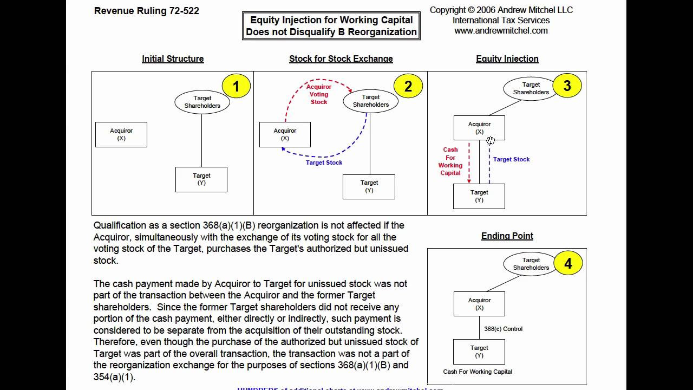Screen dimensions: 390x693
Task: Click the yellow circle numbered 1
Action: pyautogui.click(x=236, y=86)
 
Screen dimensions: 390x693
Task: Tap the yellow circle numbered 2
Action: pyautogui.click(x=408, y=86)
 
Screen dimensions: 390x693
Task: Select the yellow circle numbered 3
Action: pyautogui.click(x=567, y=86)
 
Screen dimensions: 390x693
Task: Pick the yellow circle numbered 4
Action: pyautogui.click(x=568, y=264)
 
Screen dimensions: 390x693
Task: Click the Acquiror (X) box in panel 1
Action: pyautogui.click(x=121, y=134)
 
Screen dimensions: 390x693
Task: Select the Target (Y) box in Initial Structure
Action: pyautogui.click(x=201, y=179)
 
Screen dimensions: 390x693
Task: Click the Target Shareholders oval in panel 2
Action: pyautogui.click(x=370, y=101)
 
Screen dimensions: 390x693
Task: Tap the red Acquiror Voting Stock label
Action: pyautogui.click(x=319, y=94)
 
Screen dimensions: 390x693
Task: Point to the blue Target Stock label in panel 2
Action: pyautogui.click(x=324, y=162)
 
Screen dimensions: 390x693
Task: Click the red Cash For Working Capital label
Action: pyautogui.click(x=450, y=161)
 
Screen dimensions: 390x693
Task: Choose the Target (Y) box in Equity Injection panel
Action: pyautogui.click(x=479, y=196)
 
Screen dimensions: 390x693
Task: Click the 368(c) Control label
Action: pyautogui.click(x=503, y=329)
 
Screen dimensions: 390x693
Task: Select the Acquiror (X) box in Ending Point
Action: pyautogui.click(x=479, y=304)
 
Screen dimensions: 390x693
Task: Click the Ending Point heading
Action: pyautogui.click(x=507, y=236)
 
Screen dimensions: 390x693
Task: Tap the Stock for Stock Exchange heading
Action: pyautogui.click(x=341, y=58)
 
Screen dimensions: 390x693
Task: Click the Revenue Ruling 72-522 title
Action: pyautogui.click(x=147, y=11)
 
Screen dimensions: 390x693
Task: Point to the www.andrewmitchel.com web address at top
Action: pyautogui.click(x=501, y=31)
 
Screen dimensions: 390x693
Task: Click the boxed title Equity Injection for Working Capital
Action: pyautogui.click(x=331, y=26)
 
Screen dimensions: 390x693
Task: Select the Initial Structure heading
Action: pyautogui.click(x=173, y=58)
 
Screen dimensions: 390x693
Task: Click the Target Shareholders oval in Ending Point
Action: pyautogui.click(x=531, y=264)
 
